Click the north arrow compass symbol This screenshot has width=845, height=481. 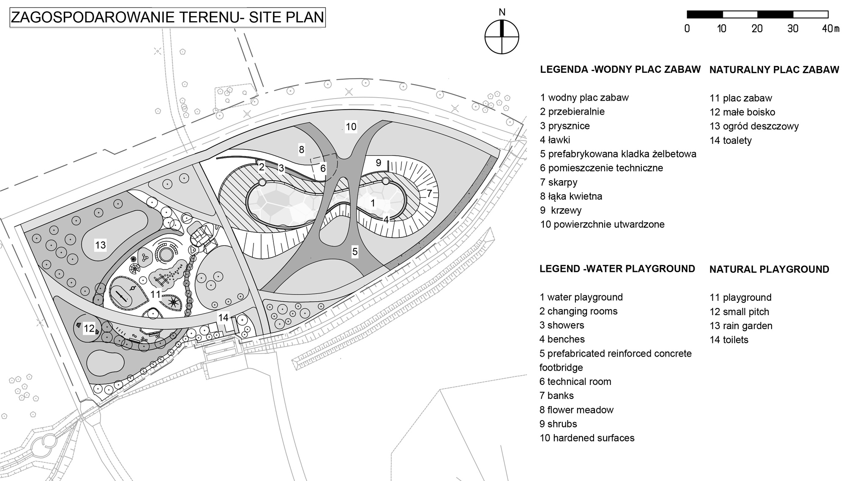tap(502, 37)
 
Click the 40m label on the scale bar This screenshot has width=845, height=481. tap(831, 29)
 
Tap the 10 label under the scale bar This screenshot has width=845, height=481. tap(722, 29)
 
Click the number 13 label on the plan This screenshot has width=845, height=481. tap(100, 245)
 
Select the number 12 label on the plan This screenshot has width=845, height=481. tap(89, 328)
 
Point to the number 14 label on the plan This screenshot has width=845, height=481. tap(223, 317)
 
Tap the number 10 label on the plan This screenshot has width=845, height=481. tap(351, 126)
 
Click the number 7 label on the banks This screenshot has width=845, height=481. tap(429, 194)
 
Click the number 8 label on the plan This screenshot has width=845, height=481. tap(301, 149)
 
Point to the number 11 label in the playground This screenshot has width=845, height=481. tap(155, 294)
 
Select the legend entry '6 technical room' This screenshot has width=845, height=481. tap(575, 382)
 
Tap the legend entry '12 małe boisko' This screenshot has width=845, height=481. tap(742, 112)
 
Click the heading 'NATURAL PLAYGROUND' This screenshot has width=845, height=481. tap(769, 269)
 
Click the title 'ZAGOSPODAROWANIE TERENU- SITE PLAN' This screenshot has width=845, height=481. tap(167, 18)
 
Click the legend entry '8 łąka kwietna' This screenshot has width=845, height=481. tap(571, 196)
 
